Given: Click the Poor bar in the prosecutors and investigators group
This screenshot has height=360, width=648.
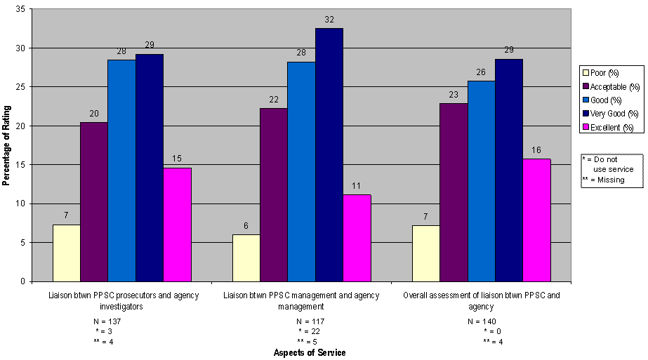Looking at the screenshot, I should pyautogui.click(x=66, y=253).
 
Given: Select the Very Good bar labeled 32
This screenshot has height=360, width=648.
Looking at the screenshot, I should pyautogui.click(x=329, y=154).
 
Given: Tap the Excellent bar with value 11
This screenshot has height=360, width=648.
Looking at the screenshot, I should pyautogui.click(x=357, y=238).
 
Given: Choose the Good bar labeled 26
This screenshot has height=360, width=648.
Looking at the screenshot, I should pyautogui.click(x=481, y=181).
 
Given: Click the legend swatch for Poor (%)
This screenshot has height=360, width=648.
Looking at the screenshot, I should pyautogui.click(x=585, y=72).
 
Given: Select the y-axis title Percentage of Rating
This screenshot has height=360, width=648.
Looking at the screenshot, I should pyautogui.click(x=6, y=145).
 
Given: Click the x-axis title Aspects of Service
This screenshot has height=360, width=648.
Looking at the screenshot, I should pyautogui.click(x=310, y=353).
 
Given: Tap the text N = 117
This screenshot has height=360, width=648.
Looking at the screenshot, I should pyautogui.click(x=310, y=322).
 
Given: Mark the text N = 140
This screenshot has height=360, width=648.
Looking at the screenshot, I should pyautogui.click(x=482, y=322).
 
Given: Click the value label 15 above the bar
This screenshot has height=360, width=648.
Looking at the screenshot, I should pyautogui.click(x=177, y=160).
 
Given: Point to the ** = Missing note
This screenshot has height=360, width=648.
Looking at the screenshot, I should pyautogui.click(x=604, y=180).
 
